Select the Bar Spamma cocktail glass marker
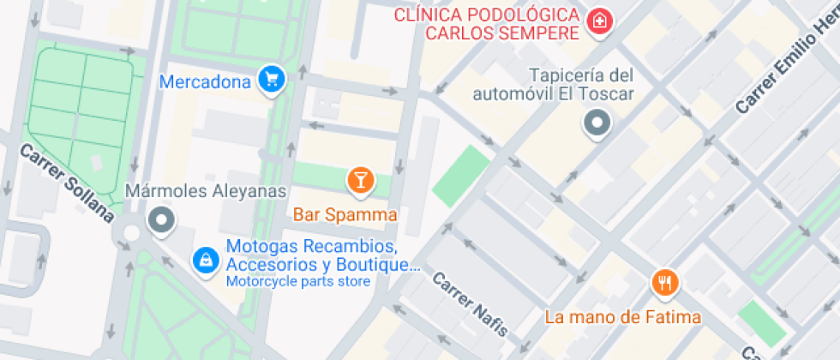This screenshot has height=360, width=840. [x=360, y=180]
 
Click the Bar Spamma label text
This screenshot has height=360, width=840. [x=345, y=214]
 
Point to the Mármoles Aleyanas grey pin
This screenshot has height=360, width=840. [x=160, y=220]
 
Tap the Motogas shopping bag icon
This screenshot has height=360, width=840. [x=206, y=257]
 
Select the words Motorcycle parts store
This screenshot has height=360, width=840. [x=298, y=281]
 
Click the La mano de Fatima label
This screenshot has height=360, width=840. [x=623, y=317]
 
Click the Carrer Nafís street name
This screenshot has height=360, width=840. [x=470, y=303]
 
